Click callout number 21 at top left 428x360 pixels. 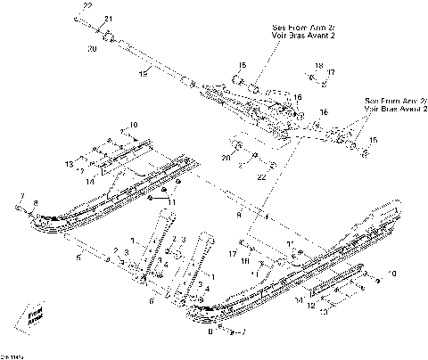108,19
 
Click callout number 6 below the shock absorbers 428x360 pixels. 152,301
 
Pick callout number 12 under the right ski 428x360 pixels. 311,306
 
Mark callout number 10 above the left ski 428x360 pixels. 134,125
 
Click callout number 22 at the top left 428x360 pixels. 86,6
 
